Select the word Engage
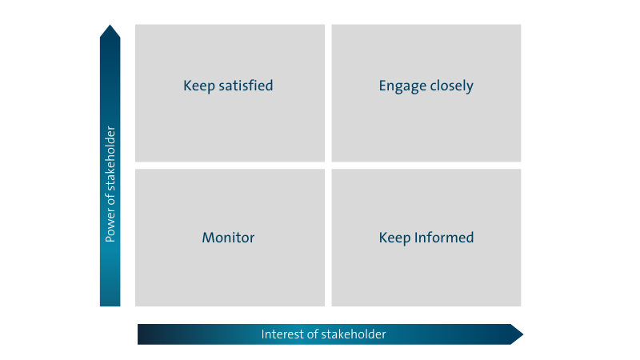point(402,86)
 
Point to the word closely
point(452,86)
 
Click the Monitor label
point(228,238)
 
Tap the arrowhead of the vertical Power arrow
point(110,30)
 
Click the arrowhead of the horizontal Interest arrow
point(518,334)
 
